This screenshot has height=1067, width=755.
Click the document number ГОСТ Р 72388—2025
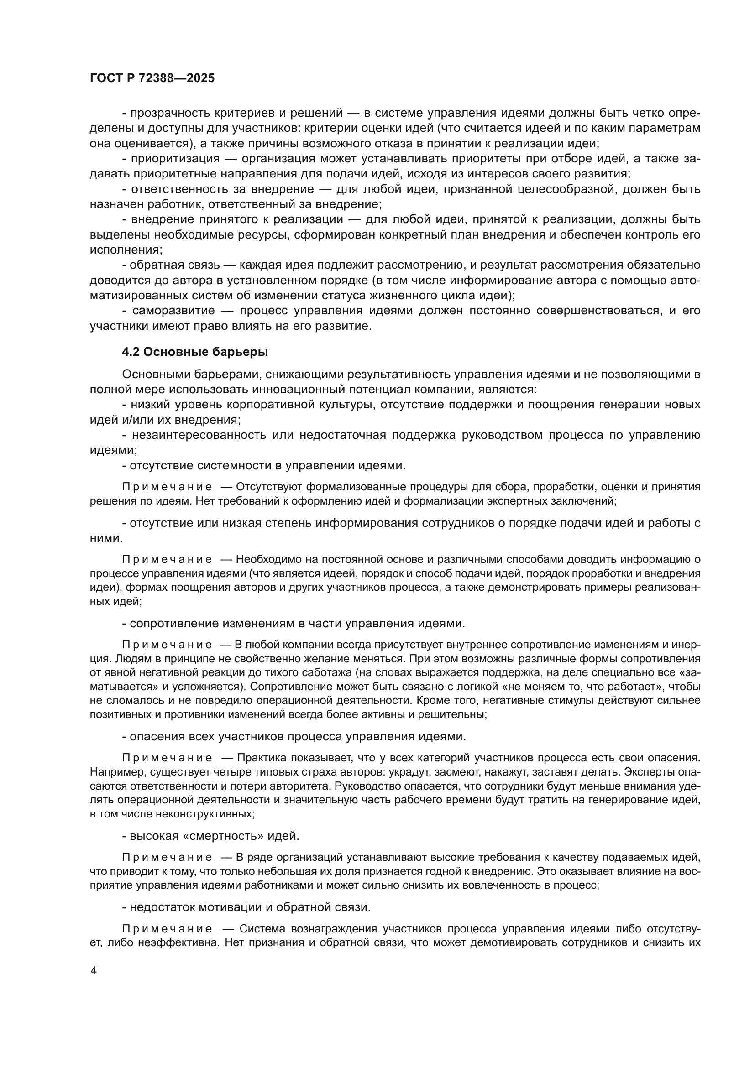click(152, 78)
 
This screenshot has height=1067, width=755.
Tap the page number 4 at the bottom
click(94, 971)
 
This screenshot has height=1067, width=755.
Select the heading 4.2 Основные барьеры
click(195, 352)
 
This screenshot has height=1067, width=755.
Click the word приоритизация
click(175, 159)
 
